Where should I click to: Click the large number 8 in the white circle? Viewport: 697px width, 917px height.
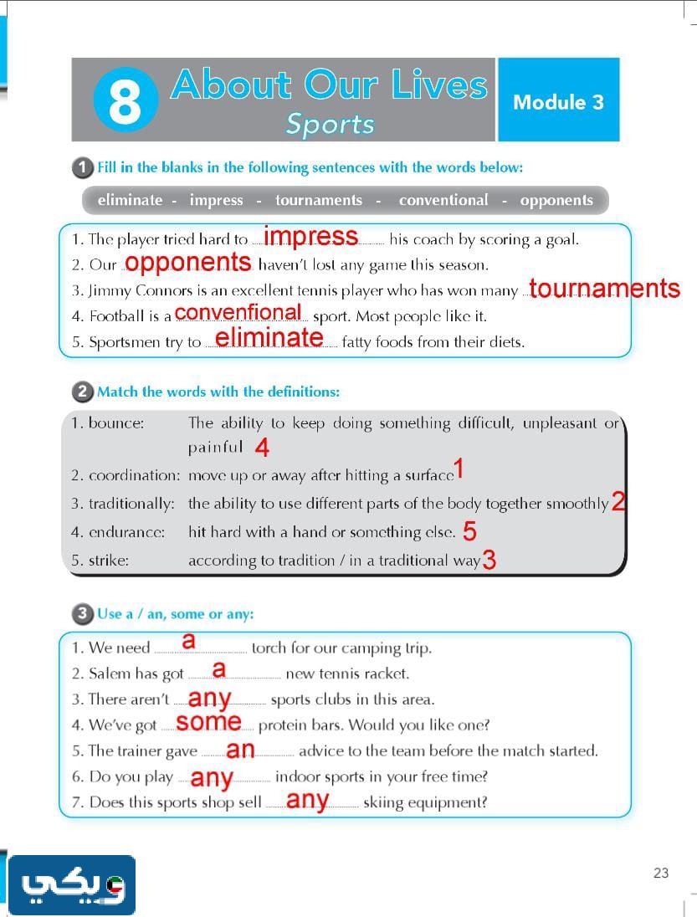point(125,100)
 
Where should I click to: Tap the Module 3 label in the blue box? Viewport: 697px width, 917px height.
point(558,102)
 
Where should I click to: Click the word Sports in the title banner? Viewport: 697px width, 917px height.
point(330,124)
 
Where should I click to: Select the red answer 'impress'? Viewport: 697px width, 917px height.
point(310,237)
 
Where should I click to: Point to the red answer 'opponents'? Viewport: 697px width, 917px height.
point(188,263)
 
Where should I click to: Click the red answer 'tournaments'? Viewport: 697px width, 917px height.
point(604,289)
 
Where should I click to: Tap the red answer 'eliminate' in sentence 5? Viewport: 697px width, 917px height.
point(269,337)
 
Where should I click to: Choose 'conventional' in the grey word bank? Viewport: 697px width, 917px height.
point(443,200)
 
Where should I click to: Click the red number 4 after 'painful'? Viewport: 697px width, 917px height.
point(262,448)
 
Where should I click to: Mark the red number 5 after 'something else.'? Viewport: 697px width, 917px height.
point(469,531)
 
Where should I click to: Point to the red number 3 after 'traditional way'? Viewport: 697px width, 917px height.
point(489,561)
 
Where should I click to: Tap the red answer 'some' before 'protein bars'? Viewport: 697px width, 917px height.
point(209,721)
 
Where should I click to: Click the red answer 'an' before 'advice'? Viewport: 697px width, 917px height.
point(241,750)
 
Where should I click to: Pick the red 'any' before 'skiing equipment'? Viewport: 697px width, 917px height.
point(307,801)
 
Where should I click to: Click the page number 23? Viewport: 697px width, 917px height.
point(661,873)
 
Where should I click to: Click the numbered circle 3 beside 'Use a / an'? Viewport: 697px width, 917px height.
point(83,614)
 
